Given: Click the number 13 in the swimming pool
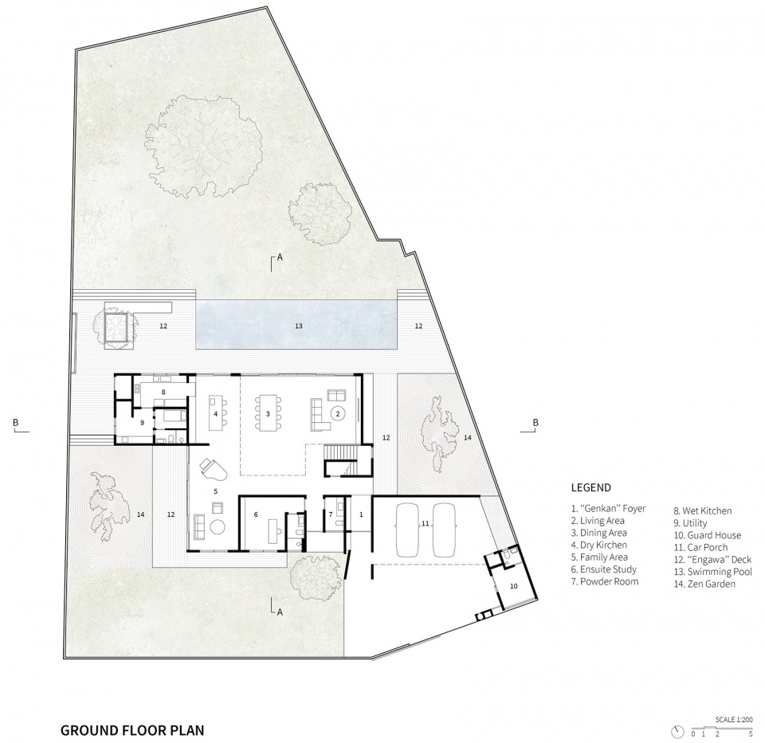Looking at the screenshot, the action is (x=299, y=326).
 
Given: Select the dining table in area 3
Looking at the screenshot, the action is (x=268, y=413).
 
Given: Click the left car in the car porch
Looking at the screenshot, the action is (x=407, y=530).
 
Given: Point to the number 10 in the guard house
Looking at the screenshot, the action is (x=513, y=586).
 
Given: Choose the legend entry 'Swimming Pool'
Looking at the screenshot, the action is (x=712, y=572).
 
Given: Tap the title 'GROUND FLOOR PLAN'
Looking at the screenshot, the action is (x=132, y=729).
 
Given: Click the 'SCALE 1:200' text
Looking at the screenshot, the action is (x=734, y=719).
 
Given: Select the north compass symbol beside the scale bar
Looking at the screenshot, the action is (x=677, y=731).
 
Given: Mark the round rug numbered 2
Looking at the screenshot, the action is (x=338, y=413).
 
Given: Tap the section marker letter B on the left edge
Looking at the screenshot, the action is (x=16, y=422).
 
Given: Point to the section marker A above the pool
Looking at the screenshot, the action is (x=280, y=257).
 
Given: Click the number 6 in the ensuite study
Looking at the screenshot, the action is (x=256, y=514).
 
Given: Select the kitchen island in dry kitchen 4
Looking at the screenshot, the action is (x=215, y=413).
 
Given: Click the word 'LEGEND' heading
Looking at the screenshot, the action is (x=590, y=487).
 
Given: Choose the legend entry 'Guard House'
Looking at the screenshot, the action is (x=708, y=535).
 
